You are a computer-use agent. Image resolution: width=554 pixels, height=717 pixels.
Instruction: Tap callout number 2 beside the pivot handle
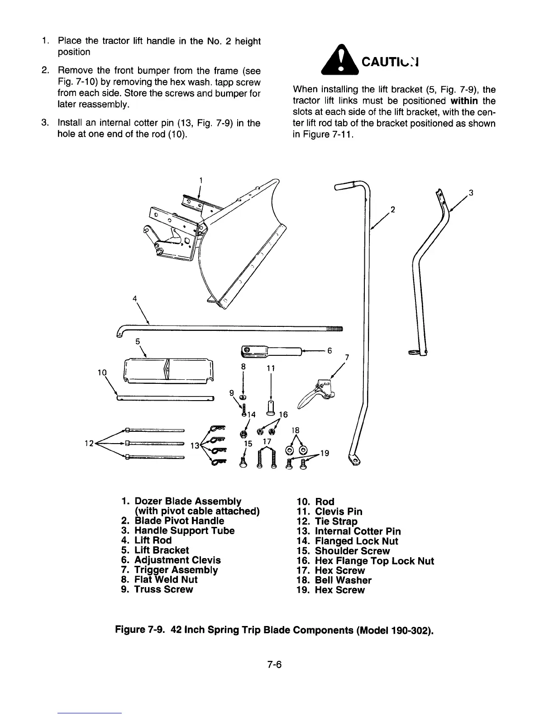click(393, 209)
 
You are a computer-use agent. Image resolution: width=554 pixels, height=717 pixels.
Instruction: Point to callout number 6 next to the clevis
click(330, 350)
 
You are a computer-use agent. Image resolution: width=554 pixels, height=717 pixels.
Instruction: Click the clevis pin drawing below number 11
click(270, 407)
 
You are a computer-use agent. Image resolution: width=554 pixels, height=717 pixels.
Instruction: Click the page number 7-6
click(274, 664)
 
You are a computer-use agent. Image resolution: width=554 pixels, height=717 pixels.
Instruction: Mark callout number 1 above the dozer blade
click(200, 180)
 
